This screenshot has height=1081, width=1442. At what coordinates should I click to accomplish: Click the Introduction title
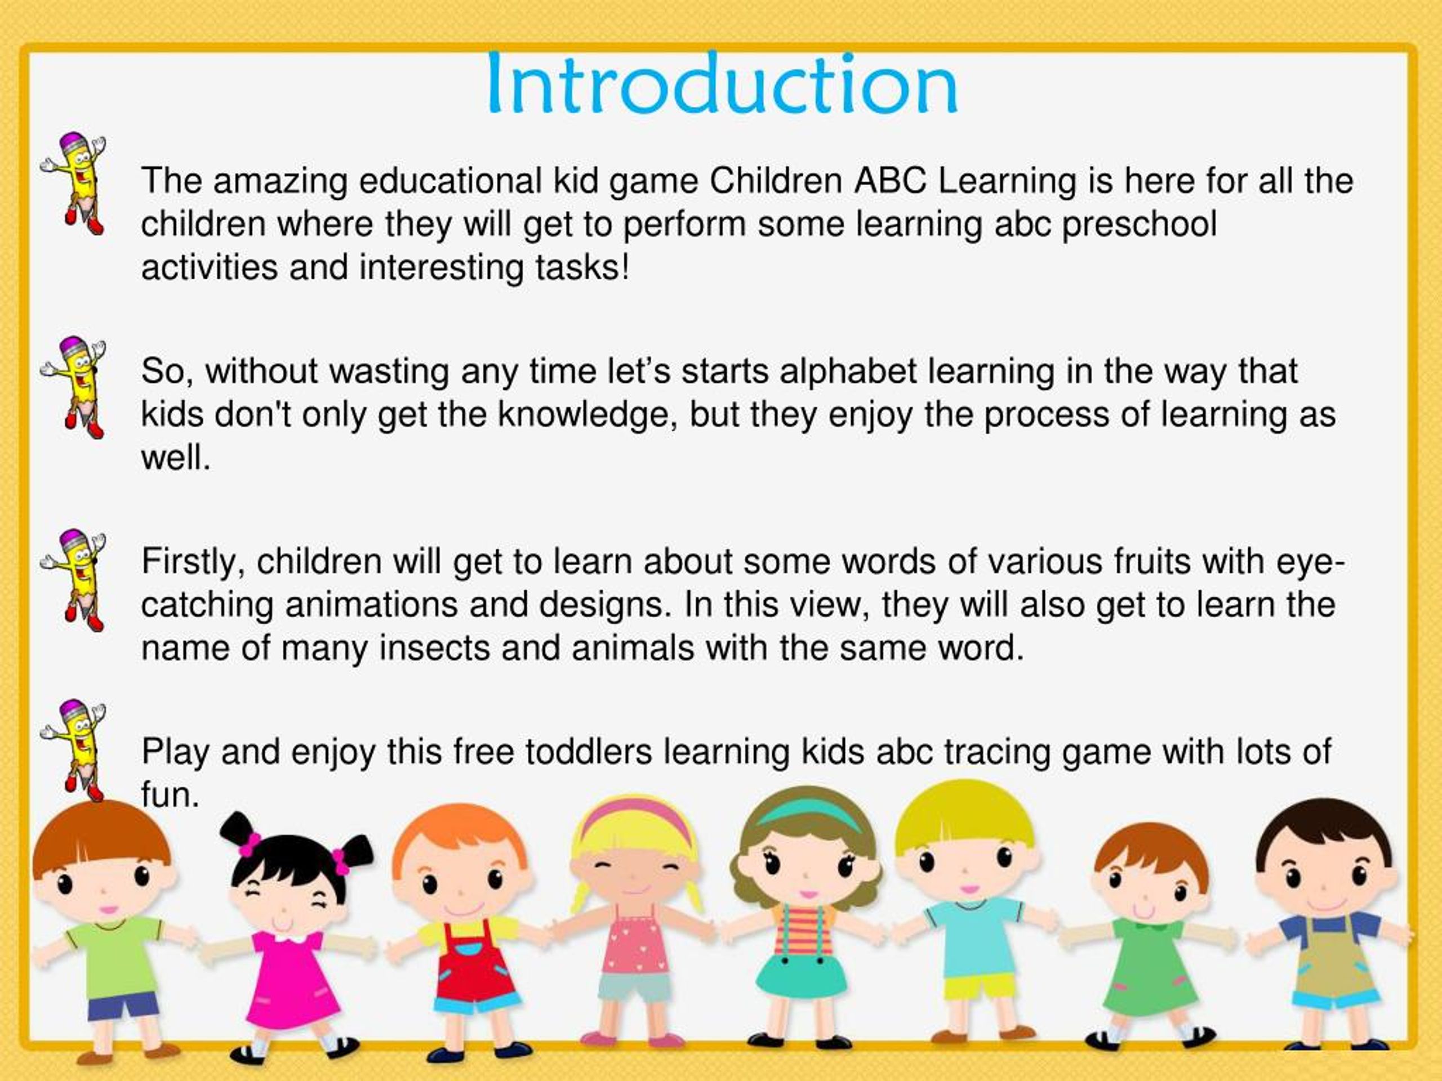(722, 84)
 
